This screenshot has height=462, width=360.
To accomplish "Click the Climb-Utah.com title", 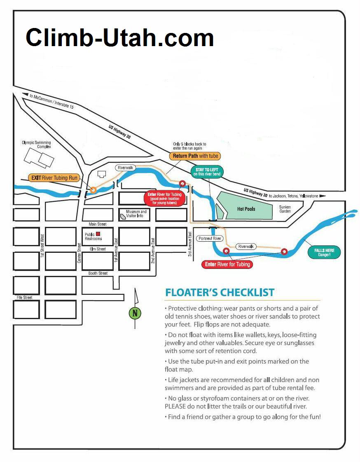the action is coord(120,38).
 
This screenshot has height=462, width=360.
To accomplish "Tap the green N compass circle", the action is coord(135,313).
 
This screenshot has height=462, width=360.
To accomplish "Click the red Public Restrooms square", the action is coord(98,234).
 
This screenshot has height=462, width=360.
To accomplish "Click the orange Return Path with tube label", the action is coord(195,156).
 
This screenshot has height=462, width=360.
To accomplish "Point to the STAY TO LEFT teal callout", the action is coord(207,172).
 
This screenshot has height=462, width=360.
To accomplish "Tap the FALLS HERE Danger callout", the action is coord(324,252).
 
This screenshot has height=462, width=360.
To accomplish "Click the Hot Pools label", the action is coord(246,209).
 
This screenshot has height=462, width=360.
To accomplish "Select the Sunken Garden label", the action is coord(285,209).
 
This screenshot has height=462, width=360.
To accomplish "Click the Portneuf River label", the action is coord(210,238).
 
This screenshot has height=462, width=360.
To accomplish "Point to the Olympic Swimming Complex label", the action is coord(37,145).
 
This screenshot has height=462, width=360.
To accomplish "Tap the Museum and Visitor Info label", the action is coord(136,214).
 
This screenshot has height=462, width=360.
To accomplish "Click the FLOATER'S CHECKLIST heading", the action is coord(220,293).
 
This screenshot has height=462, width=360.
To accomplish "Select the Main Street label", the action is coord(98,224).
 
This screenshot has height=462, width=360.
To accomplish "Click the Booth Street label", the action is coord(98,273).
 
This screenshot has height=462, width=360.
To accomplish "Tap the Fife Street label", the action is coord(24,298).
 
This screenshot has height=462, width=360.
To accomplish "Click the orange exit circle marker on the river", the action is coord(93,190).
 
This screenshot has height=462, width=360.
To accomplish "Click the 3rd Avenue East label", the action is coord(190,244).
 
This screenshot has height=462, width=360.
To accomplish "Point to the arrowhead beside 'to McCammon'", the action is coord(26,95).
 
